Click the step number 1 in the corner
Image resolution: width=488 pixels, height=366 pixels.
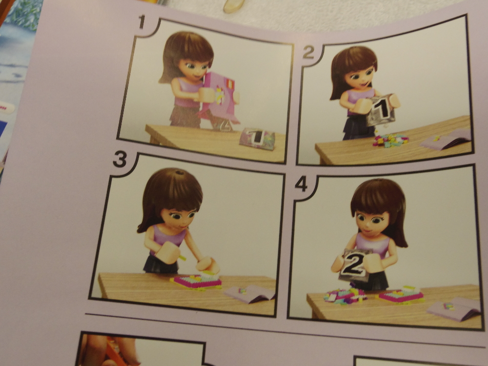pos(142,22)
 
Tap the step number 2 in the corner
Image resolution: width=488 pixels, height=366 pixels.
pos(308,52)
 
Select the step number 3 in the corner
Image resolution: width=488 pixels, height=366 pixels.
pos(120,160)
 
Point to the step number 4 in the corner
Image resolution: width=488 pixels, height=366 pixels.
pos(301,184)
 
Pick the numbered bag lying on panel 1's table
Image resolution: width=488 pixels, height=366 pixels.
pos(258,139)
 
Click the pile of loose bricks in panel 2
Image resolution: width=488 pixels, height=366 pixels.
pos(390,140)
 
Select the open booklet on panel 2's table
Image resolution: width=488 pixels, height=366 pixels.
pos(446,140)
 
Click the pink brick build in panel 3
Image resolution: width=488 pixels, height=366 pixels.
pos(196,282)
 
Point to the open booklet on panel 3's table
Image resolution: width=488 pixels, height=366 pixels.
pos(249,294)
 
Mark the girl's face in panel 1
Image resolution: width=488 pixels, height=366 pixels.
pos(193,68)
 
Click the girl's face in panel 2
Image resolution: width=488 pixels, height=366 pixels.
pos(360,77)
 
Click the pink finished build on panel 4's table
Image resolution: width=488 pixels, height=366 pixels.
pos(401,296)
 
